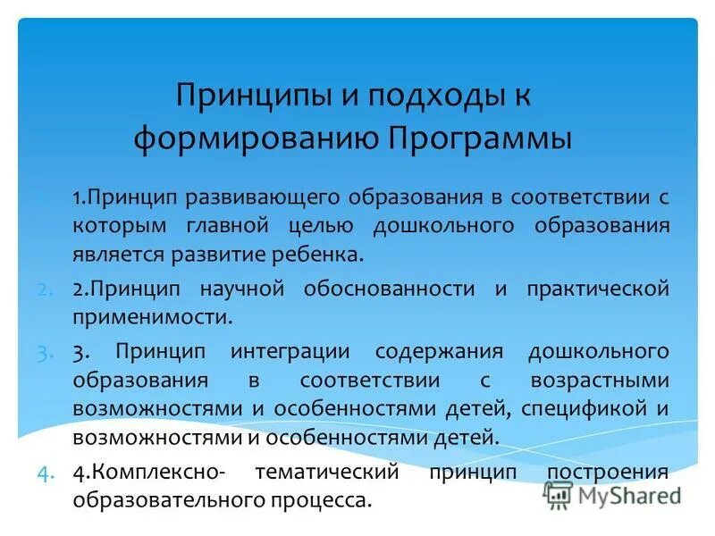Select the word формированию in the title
pyautogui.click(x=256, y=140)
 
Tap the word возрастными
pyautogui.click(x=598, y=379)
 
